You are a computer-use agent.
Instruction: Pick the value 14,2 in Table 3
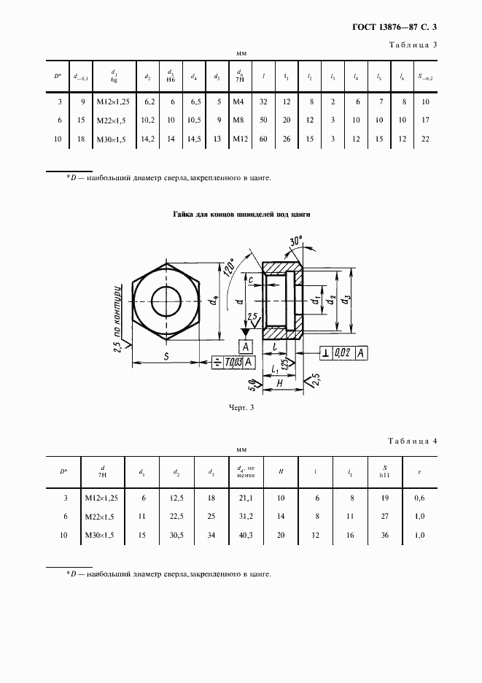coord(147,137)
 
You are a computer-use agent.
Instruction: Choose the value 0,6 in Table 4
coord(419,498)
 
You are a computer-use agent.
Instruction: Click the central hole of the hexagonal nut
coord(166,299)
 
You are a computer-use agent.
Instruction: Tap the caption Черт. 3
coord(241,409)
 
